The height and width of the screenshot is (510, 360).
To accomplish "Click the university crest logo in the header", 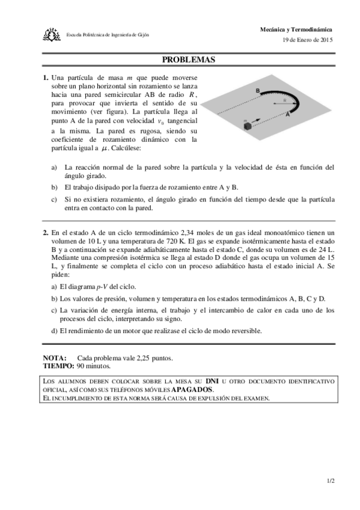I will pos(52,34).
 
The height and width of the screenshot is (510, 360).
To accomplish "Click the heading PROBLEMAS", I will pos(188,60).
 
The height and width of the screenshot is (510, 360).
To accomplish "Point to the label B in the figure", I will pos(257,90).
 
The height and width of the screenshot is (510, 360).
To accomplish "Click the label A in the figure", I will pos(288,117).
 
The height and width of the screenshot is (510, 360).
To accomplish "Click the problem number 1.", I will pos(45,78).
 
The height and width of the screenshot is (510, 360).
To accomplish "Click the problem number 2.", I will pos(45,233).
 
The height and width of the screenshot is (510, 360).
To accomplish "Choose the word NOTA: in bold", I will pos(55,357).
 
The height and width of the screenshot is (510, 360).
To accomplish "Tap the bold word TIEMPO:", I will pos(58,365).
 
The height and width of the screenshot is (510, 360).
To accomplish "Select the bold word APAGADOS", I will pos(192,389).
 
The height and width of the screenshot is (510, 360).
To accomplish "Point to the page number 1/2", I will pos(331,481).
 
